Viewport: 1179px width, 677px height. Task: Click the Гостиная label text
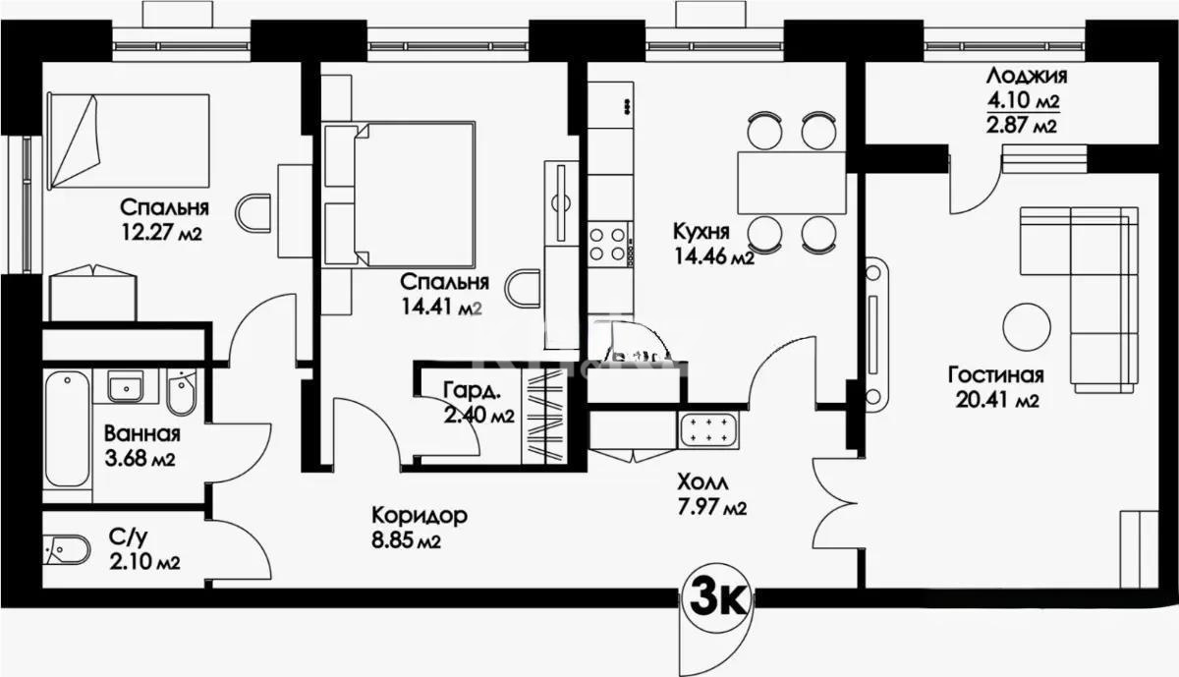coord(995,375)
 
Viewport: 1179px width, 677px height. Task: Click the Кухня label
coord(701,233)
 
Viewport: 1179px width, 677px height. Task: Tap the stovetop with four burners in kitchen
coord(609,243)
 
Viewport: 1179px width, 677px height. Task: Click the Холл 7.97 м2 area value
coord(712,507)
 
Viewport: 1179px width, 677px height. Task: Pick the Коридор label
coord(419,516)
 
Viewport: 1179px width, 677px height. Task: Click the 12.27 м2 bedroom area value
coord(161,232)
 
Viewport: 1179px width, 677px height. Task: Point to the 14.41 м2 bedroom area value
coord(440,306)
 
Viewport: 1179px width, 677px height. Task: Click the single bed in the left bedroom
coord(128,139)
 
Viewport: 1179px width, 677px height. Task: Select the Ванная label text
coord(141,435)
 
